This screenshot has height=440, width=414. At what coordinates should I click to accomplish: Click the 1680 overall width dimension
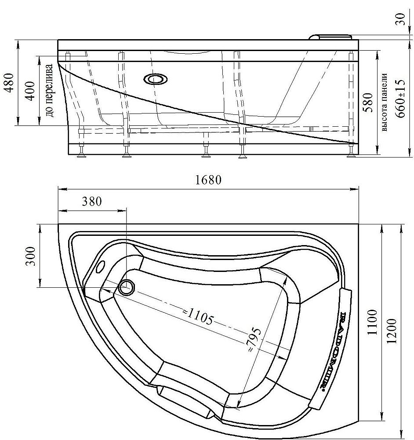point(208,180)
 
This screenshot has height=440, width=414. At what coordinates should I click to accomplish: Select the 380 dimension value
point(92,201)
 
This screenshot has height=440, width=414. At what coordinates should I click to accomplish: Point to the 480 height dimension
point(9,83)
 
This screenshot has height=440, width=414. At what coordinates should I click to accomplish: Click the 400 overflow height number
point(31,91)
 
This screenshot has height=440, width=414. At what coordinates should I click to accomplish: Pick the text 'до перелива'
point(49,91)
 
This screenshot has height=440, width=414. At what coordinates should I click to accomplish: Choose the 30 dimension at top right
point(401,19)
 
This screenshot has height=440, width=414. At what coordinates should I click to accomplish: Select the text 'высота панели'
point(384,103)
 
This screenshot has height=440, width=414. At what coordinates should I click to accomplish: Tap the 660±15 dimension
point(400,99)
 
